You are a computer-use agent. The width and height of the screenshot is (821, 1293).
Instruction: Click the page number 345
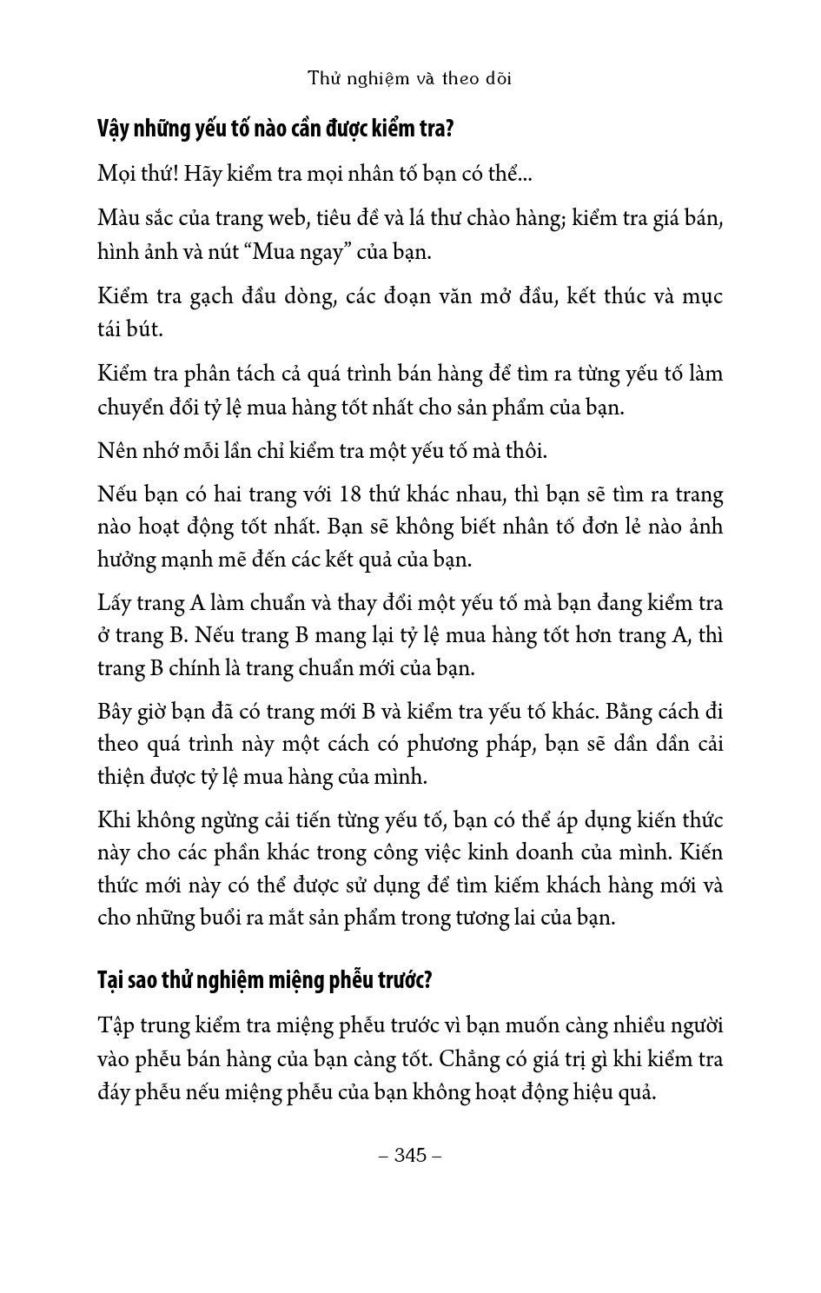(410, 1155)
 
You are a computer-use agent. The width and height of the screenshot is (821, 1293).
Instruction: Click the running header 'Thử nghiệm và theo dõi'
(410, 78)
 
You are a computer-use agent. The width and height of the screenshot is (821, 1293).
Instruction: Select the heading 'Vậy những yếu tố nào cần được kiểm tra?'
(275, 129)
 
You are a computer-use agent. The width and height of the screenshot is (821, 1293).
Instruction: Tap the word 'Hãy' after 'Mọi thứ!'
(202, 173)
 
